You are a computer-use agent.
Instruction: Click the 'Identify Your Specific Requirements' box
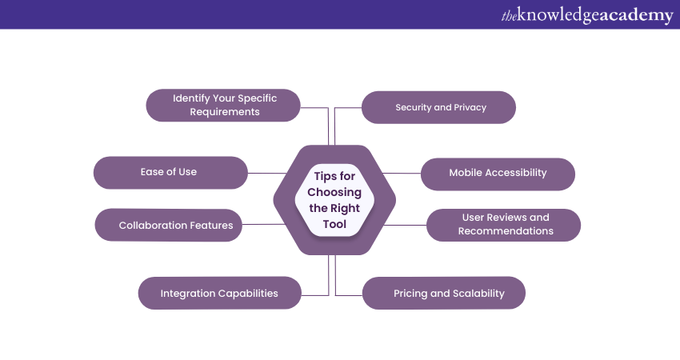224,105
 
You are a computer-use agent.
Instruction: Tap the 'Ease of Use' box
170,172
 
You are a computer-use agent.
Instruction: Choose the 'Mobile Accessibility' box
498,173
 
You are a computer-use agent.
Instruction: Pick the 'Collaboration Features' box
175,225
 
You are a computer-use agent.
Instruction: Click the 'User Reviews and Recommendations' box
504,225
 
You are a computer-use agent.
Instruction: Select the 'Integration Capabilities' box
219,293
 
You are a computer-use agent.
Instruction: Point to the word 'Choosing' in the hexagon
334,192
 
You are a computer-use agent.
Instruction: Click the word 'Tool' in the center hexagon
334,224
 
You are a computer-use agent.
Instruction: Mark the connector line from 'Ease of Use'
267,173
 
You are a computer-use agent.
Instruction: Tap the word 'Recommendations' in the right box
506,231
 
